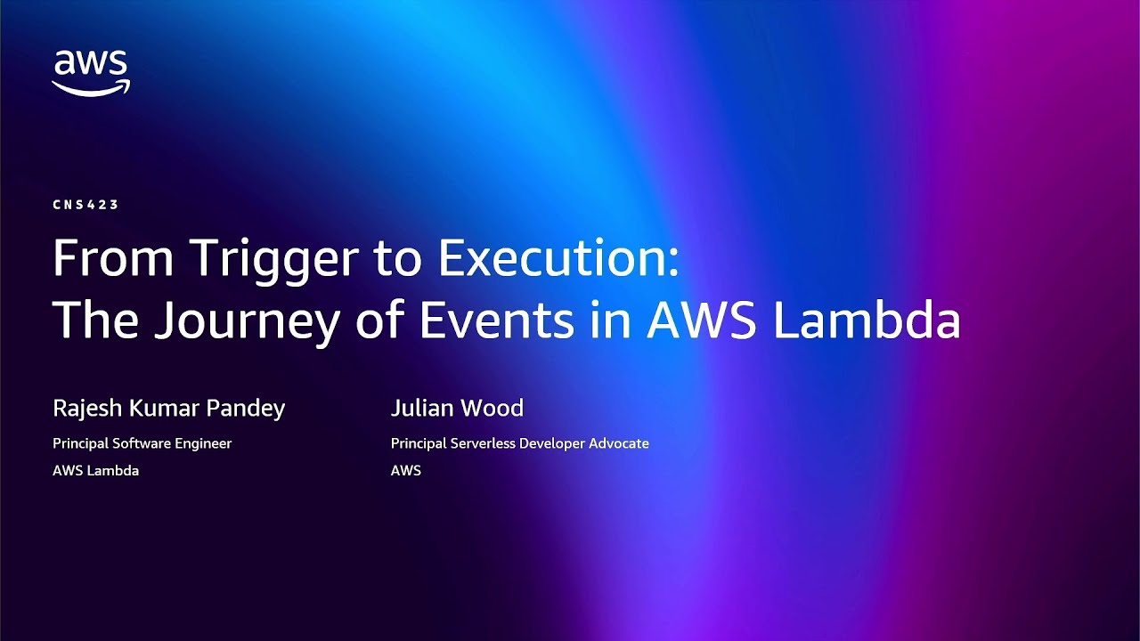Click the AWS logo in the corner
click(x=91, y=72)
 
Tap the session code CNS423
click(x=85, y=205)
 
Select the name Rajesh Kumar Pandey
click(x=168, y=409)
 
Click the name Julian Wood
click(x=457, y=409)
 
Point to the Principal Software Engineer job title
click(x=142, y=443)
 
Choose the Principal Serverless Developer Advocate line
click(x=519, y=443)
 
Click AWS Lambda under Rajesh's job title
click(x=95, y=471)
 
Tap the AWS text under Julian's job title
click(x=405, y=471)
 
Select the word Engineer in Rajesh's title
click(x=203, y=443)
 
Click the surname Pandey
click(x=246, y=409)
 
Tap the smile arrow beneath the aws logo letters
click(x=91, y=87)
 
